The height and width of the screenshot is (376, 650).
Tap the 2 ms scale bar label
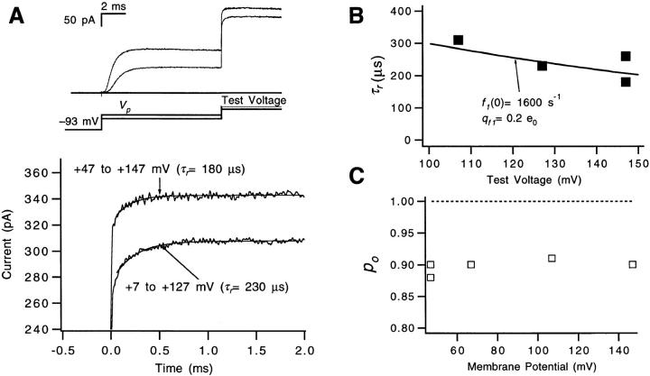click(115, 7)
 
